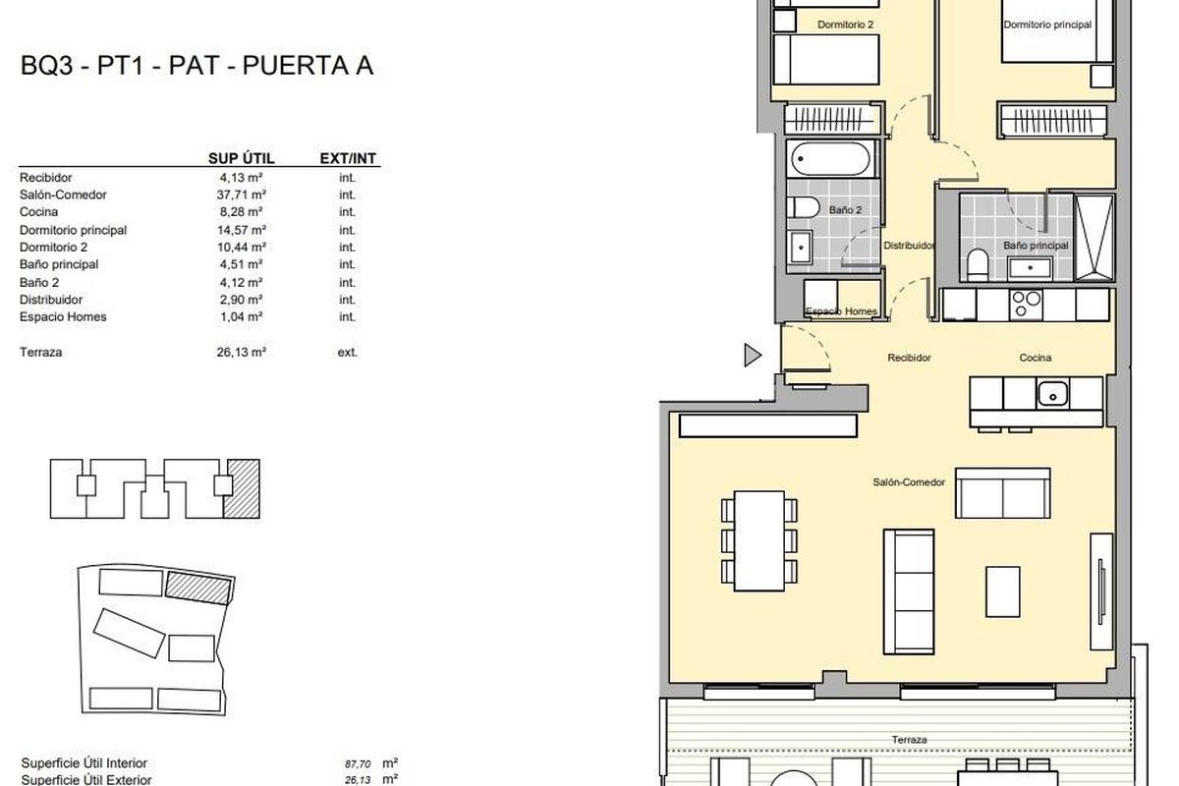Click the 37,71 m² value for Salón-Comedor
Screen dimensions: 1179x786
(x=241, y=195)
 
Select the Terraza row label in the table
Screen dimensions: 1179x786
(x=40, y=352)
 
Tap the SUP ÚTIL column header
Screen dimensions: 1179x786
(x=241, y=158)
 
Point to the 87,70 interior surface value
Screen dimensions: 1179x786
(x=358, y=763)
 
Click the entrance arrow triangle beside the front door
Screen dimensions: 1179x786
(x=753, y=355)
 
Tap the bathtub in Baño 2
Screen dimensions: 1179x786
(x=830, y=158)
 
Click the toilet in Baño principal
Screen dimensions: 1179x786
(x=978, y=265)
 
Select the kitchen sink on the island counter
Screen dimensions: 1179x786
(x=1052, y=394)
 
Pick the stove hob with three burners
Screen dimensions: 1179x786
(x=1026, y=305)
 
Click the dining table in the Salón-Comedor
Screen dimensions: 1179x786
(x=758, y=540)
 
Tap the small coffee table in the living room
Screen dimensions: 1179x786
(x=1003, y=591)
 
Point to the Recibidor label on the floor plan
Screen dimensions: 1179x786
(x=909, y=358)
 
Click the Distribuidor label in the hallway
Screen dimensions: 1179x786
(x=909, y=246)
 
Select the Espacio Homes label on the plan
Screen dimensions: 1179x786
(x=841, y=311)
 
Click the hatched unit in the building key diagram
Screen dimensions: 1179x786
(x=242, y=489)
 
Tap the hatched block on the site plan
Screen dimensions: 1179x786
(x=198, y=588)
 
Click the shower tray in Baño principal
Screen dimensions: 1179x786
(x=1094, y=238)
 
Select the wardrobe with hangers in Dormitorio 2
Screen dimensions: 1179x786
(x=831, y=119)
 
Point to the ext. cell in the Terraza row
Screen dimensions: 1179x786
(x=348, y=352)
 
